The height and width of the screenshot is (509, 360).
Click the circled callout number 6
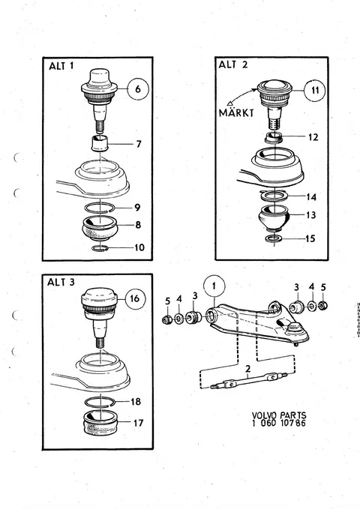tap(138, 88)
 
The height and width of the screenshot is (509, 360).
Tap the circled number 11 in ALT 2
tap(315, 90)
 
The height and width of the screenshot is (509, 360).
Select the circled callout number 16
tap(134, 298)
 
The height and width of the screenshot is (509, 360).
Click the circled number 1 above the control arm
tap(214, 286)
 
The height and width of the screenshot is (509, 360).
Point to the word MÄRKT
tap(236, 112)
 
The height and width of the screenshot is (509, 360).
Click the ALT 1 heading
tap(61, 66)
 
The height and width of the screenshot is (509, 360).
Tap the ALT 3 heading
tap(61, 282)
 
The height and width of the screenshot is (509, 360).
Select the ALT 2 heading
tap(233, 64)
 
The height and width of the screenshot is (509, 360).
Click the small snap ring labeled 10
tap(100, 248)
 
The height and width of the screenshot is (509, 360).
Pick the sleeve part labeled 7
tap(100, 143)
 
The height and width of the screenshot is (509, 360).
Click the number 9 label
tap(137, 207)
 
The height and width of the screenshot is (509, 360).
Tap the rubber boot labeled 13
tap(274, 217)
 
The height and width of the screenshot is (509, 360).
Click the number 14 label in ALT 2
tap(311, 196)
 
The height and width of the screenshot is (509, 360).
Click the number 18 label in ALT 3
tap(136, 402)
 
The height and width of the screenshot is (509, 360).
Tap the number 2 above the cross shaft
tap(248, 369)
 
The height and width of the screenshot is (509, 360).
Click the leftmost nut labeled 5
tap(166, 320)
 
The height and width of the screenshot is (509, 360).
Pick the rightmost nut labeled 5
tap(322, 306)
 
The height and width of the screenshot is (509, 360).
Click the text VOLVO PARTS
tap(279, 415)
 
